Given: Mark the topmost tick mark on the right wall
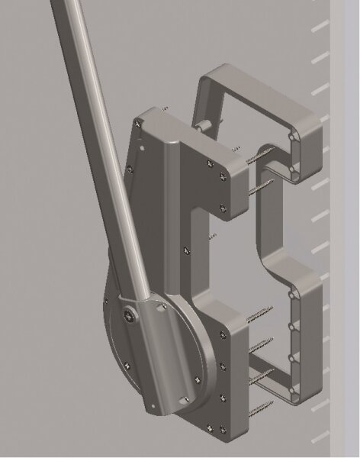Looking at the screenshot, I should coord(321,28).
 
